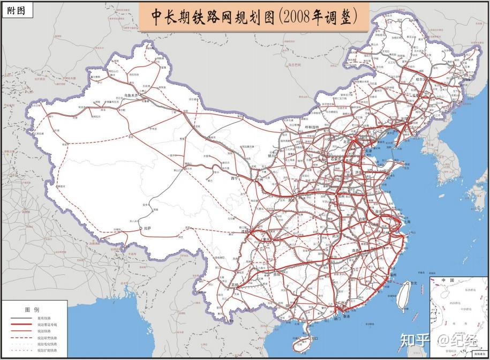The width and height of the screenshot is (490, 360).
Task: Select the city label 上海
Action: [406, 221]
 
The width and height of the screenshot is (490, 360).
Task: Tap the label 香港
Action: [346, 317]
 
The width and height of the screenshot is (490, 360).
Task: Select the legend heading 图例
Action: [32, 310]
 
